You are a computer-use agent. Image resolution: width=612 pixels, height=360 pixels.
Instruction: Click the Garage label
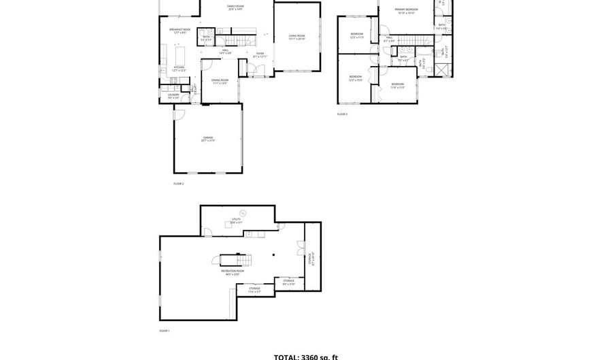coord(207,139)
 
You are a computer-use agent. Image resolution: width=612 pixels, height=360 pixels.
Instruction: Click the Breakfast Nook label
coord(179,31)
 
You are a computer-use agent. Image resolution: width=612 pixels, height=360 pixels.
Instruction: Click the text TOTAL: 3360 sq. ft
coord(305,356)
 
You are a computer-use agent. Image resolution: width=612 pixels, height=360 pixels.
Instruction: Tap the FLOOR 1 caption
coord(164,330)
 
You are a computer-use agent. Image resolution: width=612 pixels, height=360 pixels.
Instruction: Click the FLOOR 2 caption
coord(178,183)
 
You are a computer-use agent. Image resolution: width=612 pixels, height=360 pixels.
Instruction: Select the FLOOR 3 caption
coord(342,114)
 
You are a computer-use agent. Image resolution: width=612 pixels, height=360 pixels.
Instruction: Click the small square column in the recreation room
coord(273,256)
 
